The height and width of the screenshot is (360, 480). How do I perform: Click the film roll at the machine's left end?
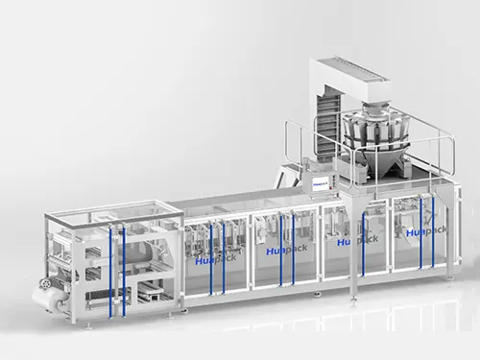47,299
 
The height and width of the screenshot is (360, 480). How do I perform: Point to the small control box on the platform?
320,180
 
